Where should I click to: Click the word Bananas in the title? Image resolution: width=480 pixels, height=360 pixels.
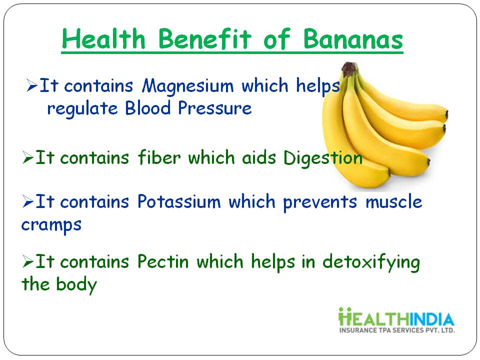point(353,39)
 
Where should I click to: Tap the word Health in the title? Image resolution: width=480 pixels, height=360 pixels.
point(103,39)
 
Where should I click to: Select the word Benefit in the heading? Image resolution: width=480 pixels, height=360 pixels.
point(205,39)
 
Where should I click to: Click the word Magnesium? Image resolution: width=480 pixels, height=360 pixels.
point(188,86)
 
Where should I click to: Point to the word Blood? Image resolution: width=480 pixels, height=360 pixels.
point(148,108)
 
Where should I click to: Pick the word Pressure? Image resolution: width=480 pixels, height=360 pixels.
point(215,108)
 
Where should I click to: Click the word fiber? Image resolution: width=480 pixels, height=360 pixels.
point(159,157)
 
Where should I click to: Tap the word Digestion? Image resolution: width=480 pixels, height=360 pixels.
point(323,158)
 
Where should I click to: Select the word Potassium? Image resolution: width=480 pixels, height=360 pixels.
point(179,201)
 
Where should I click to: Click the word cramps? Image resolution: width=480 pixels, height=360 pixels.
point(51,225)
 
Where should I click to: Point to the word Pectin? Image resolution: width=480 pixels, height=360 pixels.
point(163,261)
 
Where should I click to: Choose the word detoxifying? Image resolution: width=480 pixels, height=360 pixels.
point(371,262)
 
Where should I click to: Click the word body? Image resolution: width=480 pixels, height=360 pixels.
point(76,284)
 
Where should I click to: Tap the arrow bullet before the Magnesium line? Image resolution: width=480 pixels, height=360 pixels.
point(32,85)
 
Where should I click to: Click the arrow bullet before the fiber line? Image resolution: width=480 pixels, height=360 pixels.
point(28,157)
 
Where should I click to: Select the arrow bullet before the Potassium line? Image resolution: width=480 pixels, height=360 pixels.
point(28,201)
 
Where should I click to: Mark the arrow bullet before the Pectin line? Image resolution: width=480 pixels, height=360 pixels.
point(28,261)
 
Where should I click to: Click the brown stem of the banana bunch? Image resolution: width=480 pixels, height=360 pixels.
point(349,69)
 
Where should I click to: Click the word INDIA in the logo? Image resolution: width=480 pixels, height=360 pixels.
point(432,319)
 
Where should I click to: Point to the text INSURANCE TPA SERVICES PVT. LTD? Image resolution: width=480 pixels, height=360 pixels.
point(397,330)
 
